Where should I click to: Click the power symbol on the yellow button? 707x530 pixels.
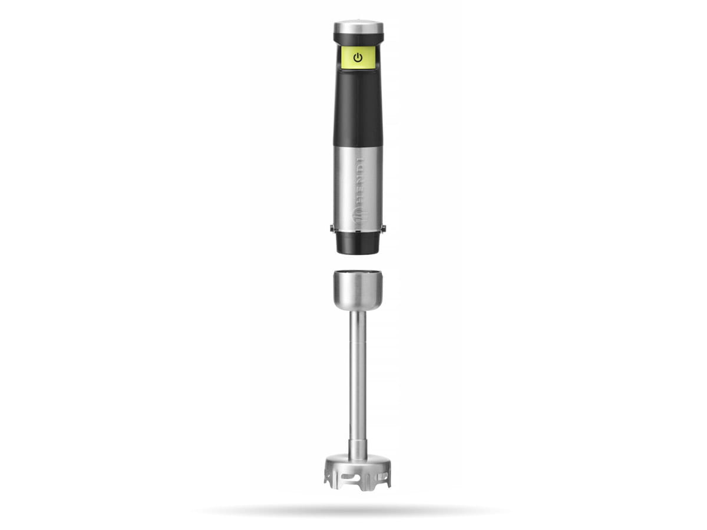point(358,58)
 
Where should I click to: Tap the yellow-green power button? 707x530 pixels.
point(358,58)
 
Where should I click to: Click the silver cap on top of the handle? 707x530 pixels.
point(358,26)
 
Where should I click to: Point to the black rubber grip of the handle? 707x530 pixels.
point(358,109)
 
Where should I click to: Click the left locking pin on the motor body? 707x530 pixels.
point(332,228)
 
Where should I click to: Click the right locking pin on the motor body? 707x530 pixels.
point(384,228)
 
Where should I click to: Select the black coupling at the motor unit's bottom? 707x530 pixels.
point(358,243)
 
